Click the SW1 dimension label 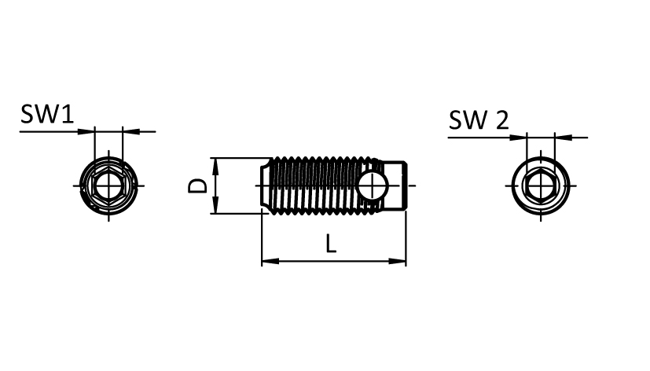pyautogui.click(x=47, y=116)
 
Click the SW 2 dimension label pyautogui.click(x=479, y=120)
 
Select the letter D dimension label pyautogui.click(x=199, y=185)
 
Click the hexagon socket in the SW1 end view pyautogui.click(x=108, y=185)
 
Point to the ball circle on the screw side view pyautogui.click(x=370, y=185)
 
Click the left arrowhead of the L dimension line pyautogui.click(x=267, y=260)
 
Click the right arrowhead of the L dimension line pyautogui.click(x=400, y=260)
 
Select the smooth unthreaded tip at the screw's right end pyautogui.click(x=398, y=185)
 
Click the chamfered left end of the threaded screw pyautogui.click(x=266, y=185)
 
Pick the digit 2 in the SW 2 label pyautogui.click(x=501, y=120)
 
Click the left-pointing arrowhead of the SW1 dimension pyautogui.click(x=129, y=131)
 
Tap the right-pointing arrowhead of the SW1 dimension pyautogui.click(x=88, y=131)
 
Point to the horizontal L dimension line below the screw pyautogui.click(x=334, y=260)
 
